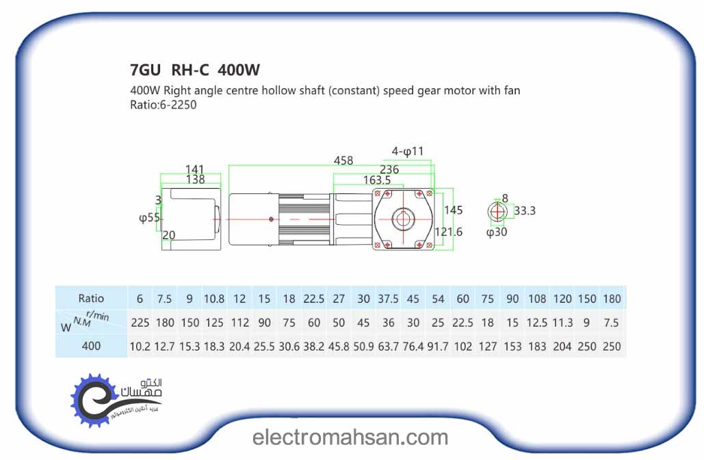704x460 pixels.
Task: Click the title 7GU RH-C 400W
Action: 195,70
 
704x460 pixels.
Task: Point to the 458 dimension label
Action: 343,160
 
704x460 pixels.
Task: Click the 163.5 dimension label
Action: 376,180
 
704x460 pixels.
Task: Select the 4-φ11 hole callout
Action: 408,151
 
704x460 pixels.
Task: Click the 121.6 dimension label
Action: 448,232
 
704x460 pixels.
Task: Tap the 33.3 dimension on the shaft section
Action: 525,211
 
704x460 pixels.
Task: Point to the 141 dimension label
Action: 195,169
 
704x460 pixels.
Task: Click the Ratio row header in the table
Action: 91,298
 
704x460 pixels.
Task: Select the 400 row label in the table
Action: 91,346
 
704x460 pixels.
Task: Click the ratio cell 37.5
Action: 388,299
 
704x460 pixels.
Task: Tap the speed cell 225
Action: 140,323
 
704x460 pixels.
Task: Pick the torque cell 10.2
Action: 140,347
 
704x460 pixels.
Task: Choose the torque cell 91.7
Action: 438,347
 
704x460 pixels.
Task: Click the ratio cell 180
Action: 612,299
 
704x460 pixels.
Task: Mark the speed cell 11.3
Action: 562,323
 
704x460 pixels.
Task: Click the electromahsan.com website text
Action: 350,437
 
